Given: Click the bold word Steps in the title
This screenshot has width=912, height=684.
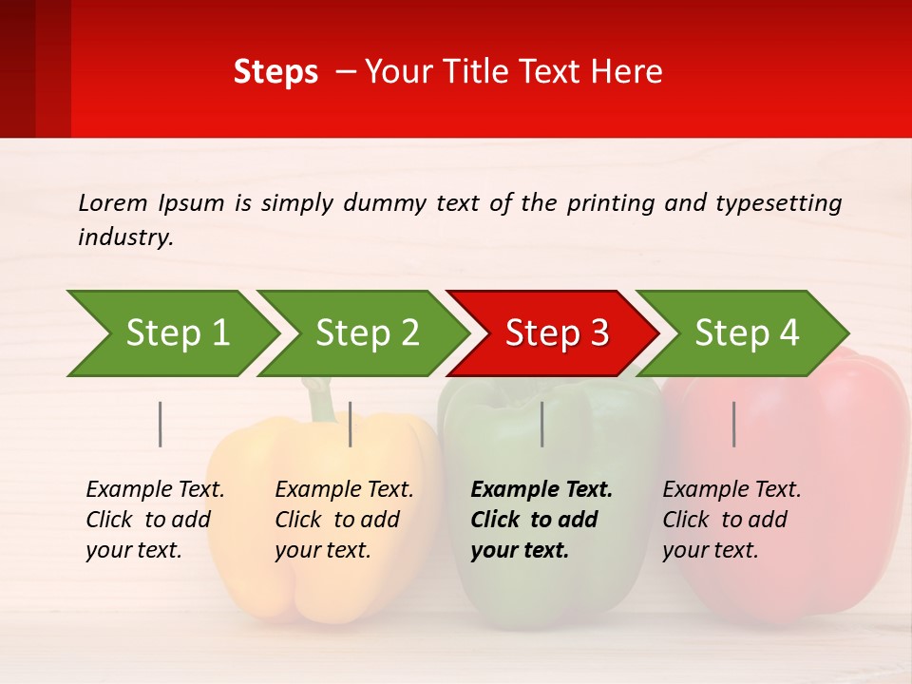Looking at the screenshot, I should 275,72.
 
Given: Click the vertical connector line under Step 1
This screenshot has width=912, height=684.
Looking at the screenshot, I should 161,424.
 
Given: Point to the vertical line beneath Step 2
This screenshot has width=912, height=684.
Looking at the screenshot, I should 351,424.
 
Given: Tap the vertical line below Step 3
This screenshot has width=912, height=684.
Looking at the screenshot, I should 542,424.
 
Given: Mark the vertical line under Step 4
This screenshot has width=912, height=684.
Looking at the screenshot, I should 734,424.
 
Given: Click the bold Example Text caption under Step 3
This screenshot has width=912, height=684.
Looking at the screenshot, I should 541,520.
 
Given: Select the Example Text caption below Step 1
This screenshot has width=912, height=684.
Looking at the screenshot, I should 155,520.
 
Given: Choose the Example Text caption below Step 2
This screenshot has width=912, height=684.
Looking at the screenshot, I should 344,520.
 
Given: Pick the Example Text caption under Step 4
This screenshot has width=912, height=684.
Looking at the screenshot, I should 731,520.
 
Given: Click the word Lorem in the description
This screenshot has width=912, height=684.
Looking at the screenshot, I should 113,202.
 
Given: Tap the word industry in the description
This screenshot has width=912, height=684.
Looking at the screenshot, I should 125,237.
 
